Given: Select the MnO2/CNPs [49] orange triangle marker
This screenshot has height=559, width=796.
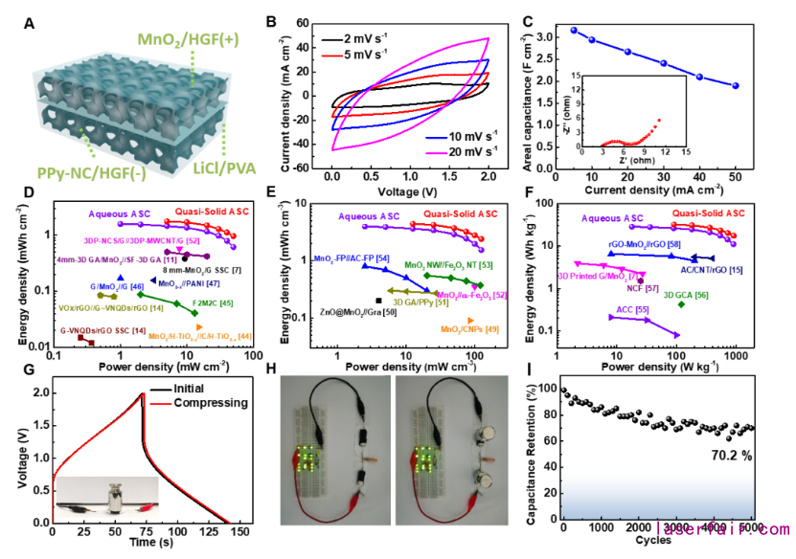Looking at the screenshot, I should point(469,320).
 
